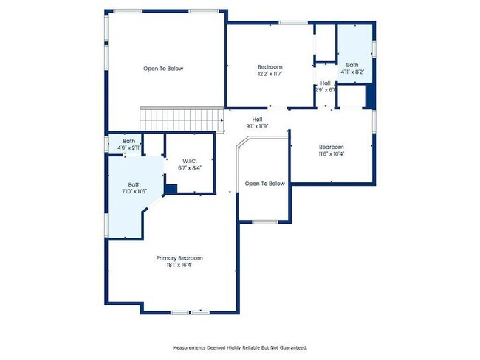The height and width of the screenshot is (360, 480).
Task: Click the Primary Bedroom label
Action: point(179,258)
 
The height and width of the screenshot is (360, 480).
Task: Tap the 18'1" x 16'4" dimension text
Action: point(179,265)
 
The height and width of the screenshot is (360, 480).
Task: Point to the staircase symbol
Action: point(182,119)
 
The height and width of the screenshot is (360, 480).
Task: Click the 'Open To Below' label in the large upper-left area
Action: point(163,69)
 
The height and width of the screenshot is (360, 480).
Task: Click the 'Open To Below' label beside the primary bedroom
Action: point(264,184)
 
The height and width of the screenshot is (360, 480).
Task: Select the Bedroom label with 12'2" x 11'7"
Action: point(270,67)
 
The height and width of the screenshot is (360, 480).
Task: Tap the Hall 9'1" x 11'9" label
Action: point(258,122)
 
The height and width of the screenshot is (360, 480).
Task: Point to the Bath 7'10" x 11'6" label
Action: point(134,188)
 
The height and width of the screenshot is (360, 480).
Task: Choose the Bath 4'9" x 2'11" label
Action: point(129,145)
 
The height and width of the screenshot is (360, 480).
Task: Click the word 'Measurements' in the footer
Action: point(190,347)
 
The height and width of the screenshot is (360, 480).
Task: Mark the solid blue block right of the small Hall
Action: point(371,97)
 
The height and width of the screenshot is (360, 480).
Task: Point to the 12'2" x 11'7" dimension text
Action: point(270,74)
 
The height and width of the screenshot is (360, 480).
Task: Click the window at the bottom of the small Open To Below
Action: point(264,221)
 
